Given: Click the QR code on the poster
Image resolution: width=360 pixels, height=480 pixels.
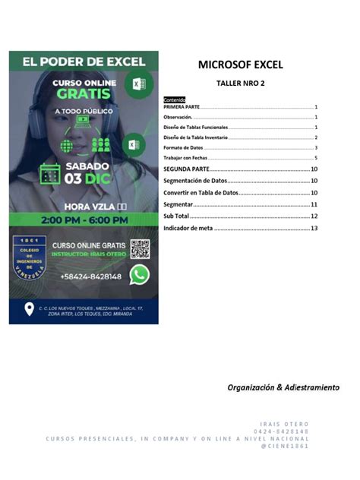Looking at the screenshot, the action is (x=139, y=248).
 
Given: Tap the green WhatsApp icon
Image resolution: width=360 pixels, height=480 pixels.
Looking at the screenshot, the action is (x=139, y=275).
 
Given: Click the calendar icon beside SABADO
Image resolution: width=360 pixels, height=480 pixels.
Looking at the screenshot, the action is (x=49, y=173).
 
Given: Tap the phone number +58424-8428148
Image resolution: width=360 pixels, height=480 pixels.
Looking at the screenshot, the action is (x=86, y=276).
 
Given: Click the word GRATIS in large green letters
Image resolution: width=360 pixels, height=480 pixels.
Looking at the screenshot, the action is (x=84, y=94).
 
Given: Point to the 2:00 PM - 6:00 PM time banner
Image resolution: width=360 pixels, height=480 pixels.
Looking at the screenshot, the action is (x=84, y=219).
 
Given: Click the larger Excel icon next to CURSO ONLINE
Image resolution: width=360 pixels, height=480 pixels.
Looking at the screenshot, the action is (x=139, y=84).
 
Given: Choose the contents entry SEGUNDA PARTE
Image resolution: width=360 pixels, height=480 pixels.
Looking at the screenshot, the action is (x=187, y=169).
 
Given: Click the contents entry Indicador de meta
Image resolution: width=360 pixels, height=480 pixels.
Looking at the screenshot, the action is (x=188, y=228).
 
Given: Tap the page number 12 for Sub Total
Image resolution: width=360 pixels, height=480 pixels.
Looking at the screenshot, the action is (x=314, y=216).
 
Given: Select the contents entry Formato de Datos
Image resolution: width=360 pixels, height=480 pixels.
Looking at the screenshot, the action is (x=184, y=147).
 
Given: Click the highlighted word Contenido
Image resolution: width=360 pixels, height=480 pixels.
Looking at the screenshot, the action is (x=175, y=100).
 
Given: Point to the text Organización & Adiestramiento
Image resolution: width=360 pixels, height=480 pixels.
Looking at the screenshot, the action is (x=283, y=387).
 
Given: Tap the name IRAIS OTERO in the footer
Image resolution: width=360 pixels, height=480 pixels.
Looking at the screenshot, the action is (x=284, y=424).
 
